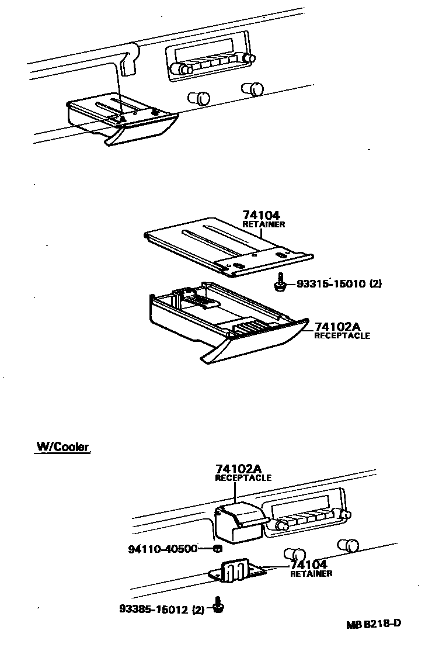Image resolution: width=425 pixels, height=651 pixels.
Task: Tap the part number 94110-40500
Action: [163, 549]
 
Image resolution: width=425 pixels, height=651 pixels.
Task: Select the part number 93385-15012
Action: [153, 610]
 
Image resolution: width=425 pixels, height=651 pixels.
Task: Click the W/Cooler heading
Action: [62, 447]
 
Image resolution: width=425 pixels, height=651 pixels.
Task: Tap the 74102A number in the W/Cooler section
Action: [237, 469]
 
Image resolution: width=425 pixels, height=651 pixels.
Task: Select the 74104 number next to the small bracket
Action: [308, 565]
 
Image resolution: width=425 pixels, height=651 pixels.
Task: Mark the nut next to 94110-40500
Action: [217, 549]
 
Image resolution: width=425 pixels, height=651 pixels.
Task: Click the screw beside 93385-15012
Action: [220, 607]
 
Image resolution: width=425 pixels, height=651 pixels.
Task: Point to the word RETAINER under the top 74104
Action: [263, 224]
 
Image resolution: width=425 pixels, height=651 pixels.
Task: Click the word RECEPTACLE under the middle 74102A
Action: [342, 336]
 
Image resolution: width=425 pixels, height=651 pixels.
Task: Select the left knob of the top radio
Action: [186, 70]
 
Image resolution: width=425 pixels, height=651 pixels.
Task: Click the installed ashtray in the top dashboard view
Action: [123, 120]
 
